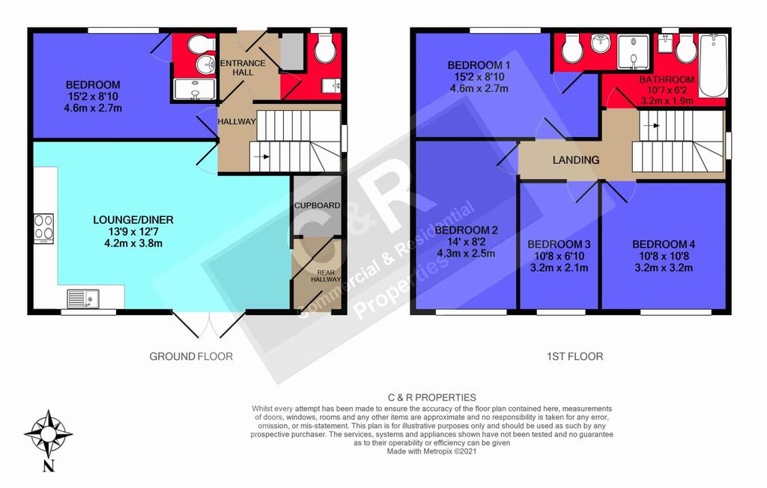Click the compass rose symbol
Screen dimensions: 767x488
pyautogui.click(x=48, y=433)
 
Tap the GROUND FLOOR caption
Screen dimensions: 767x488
pyautogui.click(x=191, y=356)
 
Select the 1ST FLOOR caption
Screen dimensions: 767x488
pyautogui.click(x=575, y=356)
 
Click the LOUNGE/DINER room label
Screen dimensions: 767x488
pyautogui.click(x=133, y=220)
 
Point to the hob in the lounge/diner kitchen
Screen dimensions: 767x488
pyautogui.click(x=43, y=228)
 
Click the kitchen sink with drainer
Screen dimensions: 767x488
pyautogui.click(x=83, y=299)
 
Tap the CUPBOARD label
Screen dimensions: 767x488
pyautogui.click(x=317, y=205)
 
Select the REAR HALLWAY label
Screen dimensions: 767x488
pyautogui.click(x=326, y=275)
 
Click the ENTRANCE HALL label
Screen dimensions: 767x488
pyautogui.click(x=243, y=67)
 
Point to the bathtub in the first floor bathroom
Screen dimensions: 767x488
pyautogui.click(x=713, y=66)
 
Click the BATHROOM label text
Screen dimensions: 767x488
pyautogui.click(x=667, y=79)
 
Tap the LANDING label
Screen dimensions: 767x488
pyautogui.click(x=576, y=160)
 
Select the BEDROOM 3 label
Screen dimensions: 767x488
pyautogui.click(x=559, y=244)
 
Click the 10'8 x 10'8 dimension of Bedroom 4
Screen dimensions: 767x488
pyautogui.click(x=664, y=256)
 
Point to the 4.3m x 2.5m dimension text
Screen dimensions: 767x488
pyautogui.click(x=466, y=253)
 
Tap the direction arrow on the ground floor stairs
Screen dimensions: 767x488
pyautogui.click(x=261, y=157)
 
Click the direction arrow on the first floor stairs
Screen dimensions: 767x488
pyautogui.click(x=652, y=126)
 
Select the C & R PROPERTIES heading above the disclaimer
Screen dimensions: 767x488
pyautogui.click(x=432, y=397)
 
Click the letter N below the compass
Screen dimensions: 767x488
pyautogui.click(x=49, y=466)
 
